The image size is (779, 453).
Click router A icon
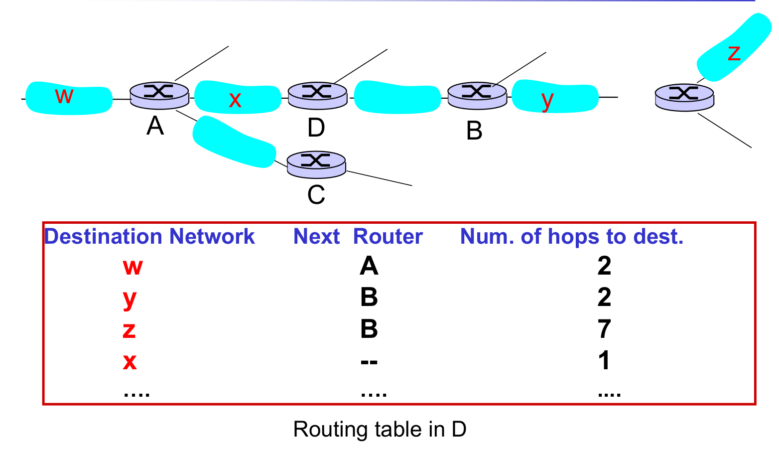tap(159, 95)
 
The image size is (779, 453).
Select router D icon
tap(317, 95)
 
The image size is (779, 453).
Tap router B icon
tap(477, 95)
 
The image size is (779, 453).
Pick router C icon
tap(316, 164)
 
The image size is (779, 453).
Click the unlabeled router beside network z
tap(684, 97)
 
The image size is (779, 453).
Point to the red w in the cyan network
tap(64, 95)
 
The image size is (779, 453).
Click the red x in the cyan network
tap(235, 100)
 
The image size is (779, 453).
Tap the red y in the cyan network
tap(547, 100)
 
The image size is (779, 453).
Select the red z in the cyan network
tap(734, 52)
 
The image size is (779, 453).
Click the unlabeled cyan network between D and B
tap(397, 97)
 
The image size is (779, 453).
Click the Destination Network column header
tap(149, 236)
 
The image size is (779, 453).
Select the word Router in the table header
tap(388, 236)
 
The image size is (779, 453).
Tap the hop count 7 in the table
tap(604, 329)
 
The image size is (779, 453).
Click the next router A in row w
tap(369, 266)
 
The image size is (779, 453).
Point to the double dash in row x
tap(369, 361)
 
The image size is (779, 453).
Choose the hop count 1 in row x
tap(604, 360)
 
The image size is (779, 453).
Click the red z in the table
tap(129, 329)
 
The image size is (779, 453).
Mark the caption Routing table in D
tap(380, 429)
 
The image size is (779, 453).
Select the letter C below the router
tap(316, 195)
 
